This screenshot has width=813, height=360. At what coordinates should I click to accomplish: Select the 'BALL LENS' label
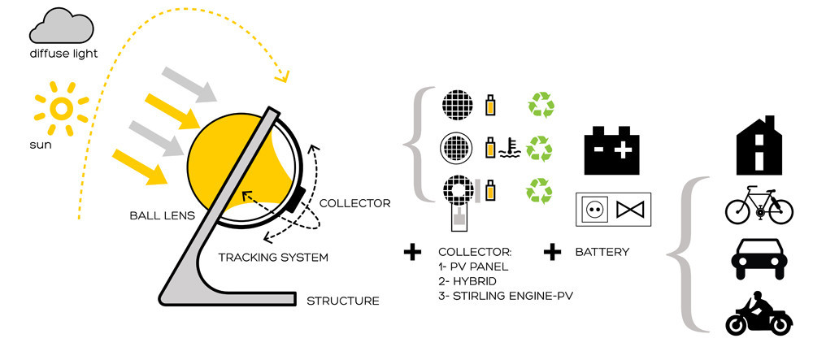coord(160,216)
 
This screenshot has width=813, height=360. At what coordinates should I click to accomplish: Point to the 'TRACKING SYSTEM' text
coord(273,258)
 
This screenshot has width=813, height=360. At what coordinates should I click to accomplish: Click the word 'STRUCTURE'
coord(342,301)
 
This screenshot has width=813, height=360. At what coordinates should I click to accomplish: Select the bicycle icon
coord(758,206)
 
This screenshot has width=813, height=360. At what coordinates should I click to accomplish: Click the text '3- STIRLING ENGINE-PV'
coord(505,295)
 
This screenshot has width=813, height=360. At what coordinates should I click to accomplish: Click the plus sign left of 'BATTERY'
coord(553,252)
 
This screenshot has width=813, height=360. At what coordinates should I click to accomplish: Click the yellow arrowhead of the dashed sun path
coord(283,78)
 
